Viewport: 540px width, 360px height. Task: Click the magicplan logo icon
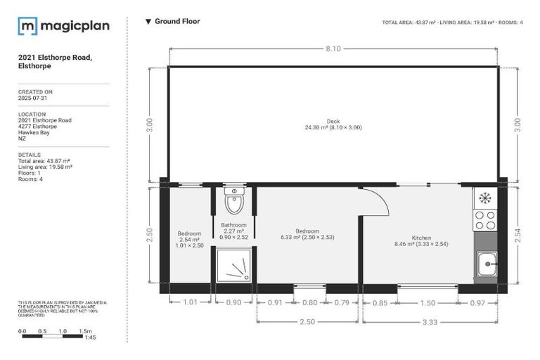(27, 26)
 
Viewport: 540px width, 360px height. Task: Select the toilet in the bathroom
(233, 202)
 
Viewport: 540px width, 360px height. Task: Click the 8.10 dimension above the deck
(333, 48)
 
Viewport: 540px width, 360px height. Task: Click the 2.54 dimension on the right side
(519, 235)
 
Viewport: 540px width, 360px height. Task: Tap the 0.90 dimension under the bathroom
(233, 302)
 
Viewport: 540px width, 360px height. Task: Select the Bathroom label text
(234, 225)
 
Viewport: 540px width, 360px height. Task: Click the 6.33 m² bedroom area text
(307, 237)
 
